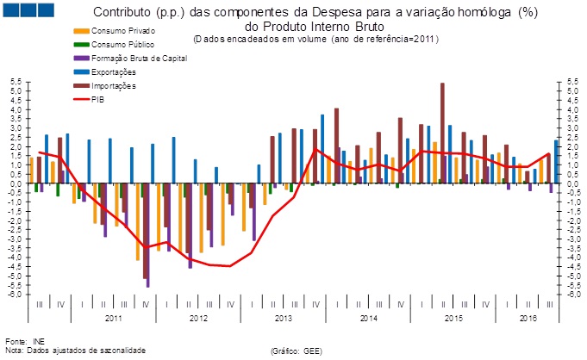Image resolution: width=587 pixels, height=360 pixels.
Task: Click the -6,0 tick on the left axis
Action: click(16, 294)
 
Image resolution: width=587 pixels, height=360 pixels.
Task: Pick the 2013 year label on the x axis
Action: click(285, 318)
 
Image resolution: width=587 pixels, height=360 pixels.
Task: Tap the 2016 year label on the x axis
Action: click(528, 318)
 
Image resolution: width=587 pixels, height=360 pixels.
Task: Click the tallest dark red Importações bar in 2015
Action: click(442, 133)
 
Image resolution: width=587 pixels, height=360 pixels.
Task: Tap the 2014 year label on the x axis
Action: click(369, 318)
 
